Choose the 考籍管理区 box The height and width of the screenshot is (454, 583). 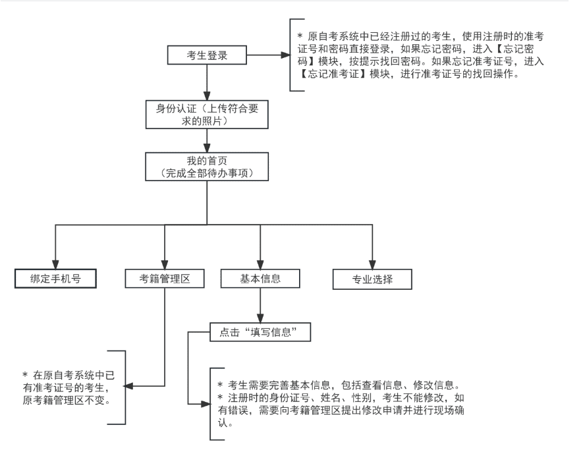click(x=164, y=278)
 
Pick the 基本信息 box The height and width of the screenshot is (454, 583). click(x=261, y=278)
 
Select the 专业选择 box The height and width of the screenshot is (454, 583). click(x=373, y=278)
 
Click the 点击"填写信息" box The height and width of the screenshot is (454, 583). click(x=260, y=332)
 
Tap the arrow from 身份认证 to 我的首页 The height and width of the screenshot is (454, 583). click(x=208, y=139)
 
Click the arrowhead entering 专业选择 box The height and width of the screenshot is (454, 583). click(x=373, y=262)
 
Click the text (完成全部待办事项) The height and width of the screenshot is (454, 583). click(x=208, y=173)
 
